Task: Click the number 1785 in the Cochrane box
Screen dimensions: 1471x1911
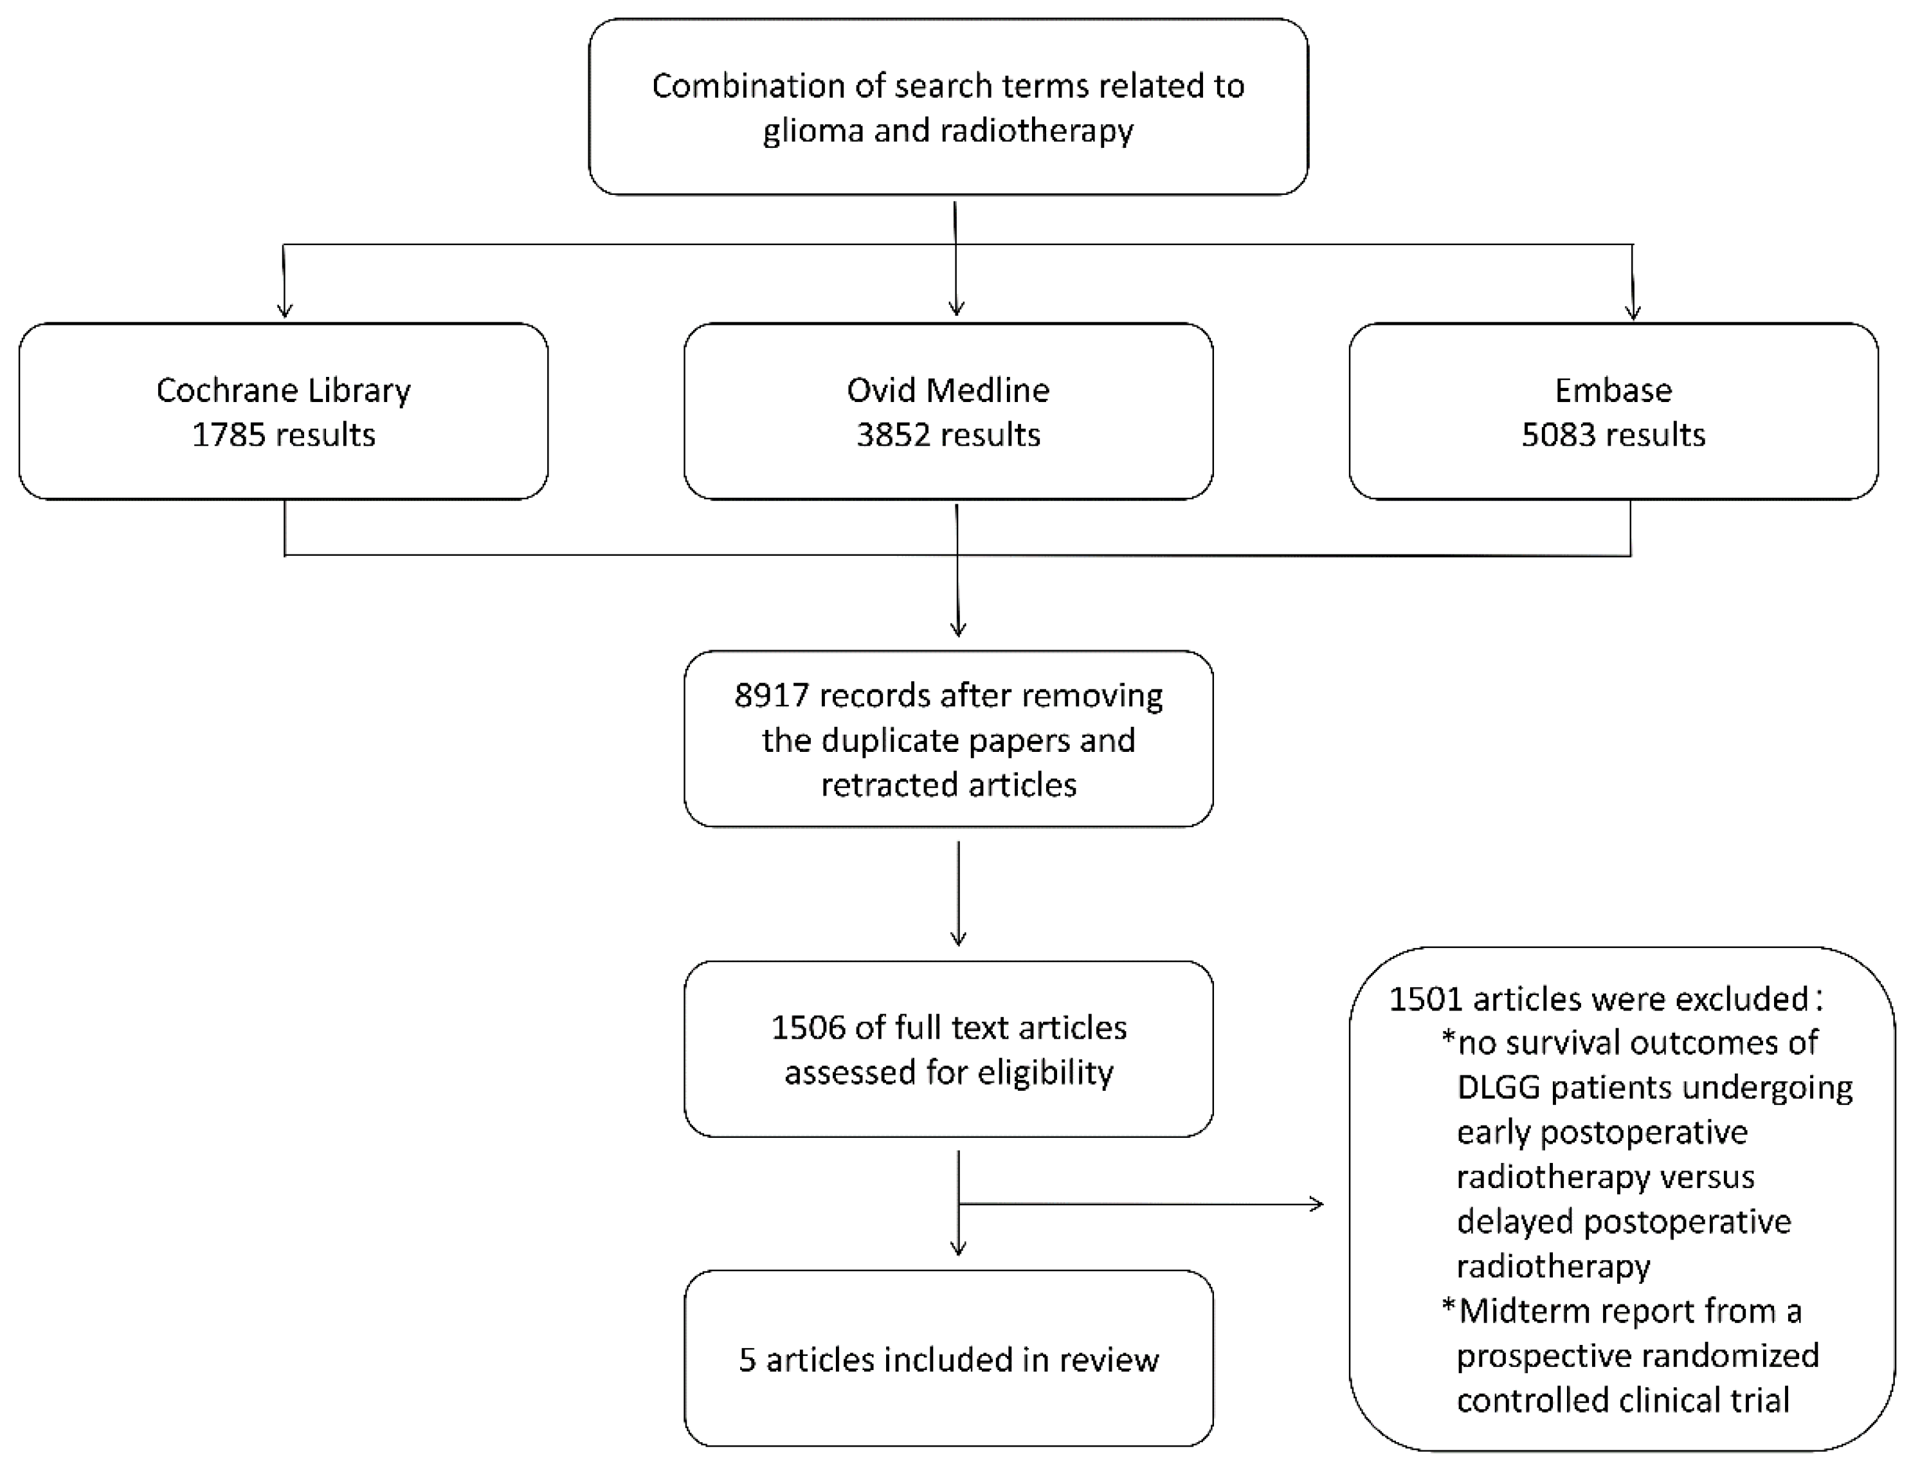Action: (x=228, y=435)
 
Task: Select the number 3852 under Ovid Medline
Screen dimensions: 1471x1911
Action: (x=892, y=435)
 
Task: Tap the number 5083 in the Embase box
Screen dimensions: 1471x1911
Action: (x=1557, y=435)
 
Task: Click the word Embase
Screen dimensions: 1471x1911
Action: (x=1613, y=390)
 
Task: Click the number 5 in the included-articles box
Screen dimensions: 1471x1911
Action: (x=747, y=1360)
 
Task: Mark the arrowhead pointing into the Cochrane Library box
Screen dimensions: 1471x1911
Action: (x=284, y=310)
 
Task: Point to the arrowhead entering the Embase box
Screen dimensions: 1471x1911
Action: (x=1632, y=311)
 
